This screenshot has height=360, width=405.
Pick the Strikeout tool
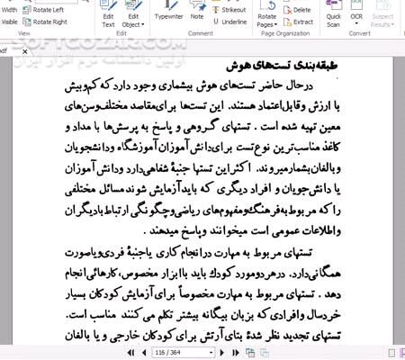point(232,9)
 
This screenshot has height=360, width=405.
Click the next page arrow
point(206,352)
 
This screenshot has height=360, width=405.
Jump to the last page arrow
point(219,352)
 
